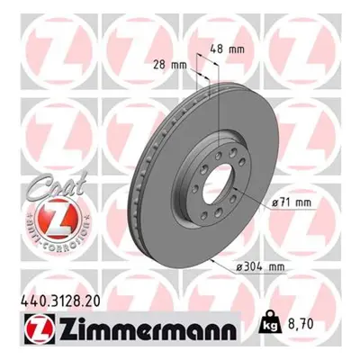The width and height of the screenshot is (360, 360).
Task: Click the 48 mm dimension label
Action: pyautogui.click(x=227, y=49)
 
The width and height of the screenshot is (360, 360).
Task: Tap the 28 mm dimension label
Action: pyautogui.click(x=170, y=65)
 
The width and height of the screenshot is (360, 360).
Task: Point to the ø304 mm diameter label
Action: pyautogui.click(x=260, y=266)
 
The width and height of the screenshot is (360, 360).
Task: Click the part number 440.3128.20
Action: pyautogui.click(x=60, y=301)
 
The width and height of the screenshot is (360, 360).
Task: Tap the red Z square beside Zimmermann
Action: pyautogui.click(x=38, y=329)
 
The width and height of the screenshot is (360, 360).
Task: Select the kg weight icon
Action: pyautogui.click(x=269, y=324)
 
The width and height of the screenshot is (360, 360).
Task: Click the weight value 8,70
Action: pyautogui.click(x=301, y=324)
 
